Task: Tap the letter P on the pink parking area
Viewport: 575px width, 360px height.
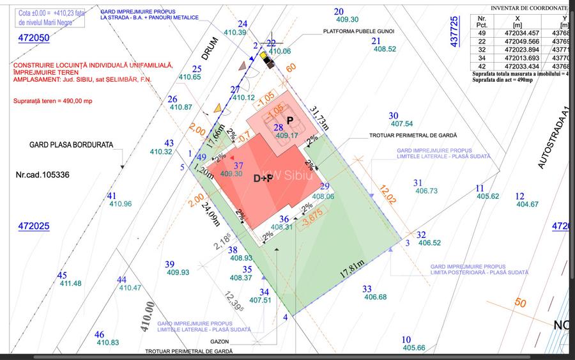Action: (x=289, y=120)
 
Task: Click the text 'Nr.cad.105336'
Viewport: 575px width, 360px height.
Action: (x=42, y=174)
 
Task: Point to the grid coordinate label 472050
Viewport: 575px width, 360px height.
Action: (x=33, y=38)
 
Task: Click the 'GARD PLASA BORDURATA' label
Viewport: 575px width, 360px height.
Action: (x=71, y=145)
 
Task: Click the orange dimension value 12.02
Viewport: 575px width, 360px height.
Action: (x=387, y=194)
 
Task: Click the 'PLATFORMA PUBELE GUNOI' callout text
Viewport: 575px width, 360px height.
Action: (x=358, y=31)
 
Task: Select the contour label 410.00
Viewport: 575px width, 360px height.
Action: (x=148, y=318)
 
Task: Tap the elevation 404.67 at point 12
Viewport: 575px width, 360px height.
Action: (x=528, y=205)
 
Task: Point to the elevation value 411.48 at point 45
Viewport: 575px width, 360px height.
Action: (x=70, y=283)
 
